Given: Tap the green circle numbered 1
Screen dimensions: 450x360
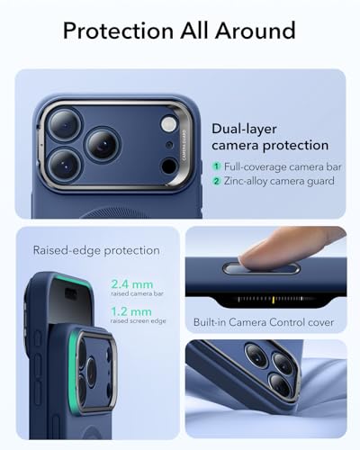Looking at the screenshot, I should point(217,167).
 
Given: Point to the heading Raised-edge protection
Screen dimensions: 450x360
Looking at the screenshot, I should point(95,250).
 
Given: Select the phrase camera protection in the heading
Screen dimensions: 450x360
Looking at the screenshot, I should point(269,146).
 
